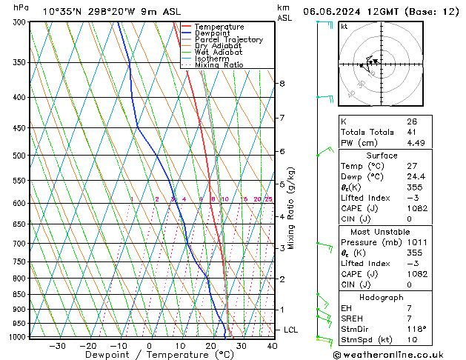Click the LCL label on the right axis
[291, 330]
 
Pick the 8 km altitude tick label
[282, 84]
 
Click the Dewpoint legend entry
[213, 33]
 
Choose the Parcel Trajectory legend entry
[228, 40]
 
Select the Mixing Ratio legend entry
[219, 65]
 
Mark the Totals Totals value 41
[411, 133]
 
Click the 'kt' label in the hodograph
[344, 26]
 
